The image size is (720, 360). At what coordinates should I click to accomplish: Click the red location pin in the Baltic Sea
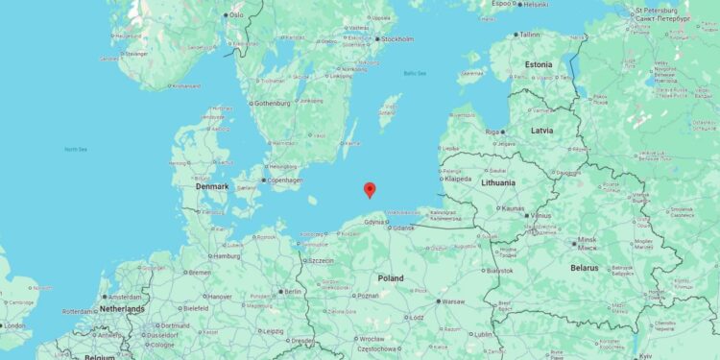pos(370,189)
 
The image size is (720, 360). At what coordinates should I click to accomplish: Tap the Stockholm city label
pos(397,39)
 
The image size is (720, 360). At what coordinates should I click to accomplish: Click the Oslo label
pos(236,15)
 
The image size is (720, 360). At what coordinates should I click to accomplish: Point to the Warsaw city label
pos(452,301)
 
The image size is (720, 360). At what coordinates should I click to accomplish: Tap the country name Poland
pos(391,278)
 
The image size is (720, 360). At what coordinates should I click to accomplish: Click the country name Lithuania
pos(498,182)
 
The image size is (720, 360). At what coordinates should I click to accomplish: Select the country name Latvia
pos(542,130)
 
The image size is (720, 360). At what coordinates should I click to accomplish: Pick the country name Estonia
pos(539,65)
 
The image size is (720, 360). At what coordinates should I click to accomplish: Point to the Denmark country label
pos(212,186)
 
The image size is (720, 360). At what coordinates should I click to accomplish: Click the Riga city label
pos(493,132)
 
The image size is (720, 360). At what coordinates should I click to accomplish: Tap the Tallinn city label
pos(530,35)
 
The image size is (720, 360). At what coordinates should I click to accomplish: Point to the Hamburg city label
pos(227,256)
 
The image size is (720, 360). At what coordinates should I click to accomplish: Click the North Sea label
pos(75,149)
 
